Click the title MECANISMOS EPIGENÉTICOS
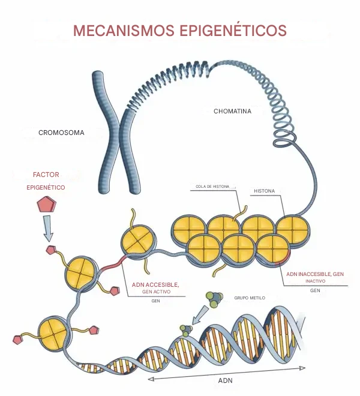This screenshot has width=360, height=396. pyautogui.click(x=180, y=31)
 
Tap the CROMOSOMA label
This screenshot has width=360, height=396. pyautogui.click(x=61, y=133)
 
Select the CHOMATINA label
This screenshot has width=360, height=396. pyautogui.click(x=232, y=111)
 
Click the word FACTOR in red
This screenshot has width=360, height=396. pyautogui.click(x=46, y=175)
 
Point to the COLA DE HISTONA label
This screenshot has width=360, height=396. pyautogui.click(x=212, y=187)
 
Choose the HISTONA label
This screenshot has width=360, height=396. pyautogui.click(x=264, y=191)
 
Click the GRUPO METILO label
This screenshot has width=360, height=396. pyautogui.click(x=249, y=298)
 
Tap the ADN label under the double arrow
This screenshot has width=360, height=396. pyautogui.click(x=225, y=381)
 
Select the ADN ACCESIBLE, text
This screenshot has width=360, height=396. pyautogui.click(x=155, y=284)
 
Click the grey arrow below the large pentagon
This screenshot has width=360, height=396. pyautogui.click(x=47, y=227)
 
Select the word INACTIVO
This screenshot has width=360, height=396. pyautogui.click(x=316, y=281)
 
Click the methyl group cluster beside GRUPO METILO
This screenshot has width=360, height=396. pyautogui.click(x=214, y=298)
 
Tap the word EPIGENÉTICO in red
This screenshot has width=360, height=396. pyautogui.click(x=46, y=187)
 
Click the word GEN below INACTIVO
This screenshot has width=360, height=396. pyautogui.click(x=315, y=290)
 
